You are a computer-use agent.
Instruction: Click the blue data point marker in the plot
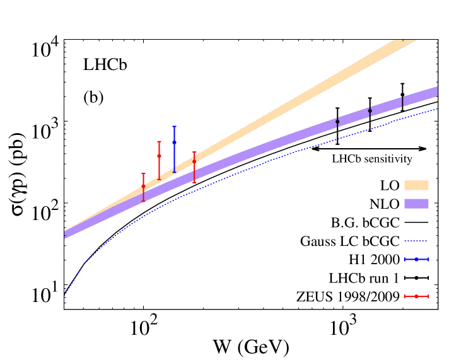(174, 142)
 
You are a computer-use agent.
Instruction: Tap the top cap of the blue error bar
(174, 127)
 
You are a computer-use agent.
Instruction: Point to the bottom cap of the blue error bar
(174, 171)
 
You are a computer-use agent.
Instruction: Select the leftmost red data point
(143, 187)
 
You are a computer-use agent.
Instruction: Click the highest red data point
(159, 156)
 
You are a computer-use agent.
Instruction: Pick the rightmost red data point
(194, 161)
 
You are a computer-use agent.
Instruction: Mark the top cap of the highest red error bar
(159, 142)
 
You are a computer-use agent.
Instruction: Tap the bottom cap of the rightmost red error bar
(194, 182)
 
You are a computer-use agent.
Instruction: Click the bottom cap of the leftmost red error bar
(143, 202)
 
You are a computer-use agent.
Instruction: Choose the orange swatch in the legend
(416, 185)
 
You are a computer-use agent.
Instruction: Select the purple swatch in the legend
(416, 204)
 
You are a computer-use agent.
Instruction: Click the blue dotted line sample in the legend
(416, 241)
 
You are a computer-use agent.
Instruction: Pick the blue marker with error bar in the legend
(416, 259)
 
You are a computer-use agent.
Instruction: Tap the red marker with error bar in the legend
(416, 296)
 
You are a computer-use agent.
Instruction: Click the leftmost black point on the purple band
(337, 121)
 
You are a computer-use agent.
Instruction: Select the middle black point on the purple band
(370, 111)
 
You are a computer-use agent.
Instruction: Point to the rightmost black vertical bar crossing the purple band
(402, 102)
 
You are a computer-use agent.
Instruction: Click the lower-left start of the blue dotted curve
(64, 295)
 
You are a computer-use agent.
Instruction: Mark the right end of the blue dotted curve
(437, 108)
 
